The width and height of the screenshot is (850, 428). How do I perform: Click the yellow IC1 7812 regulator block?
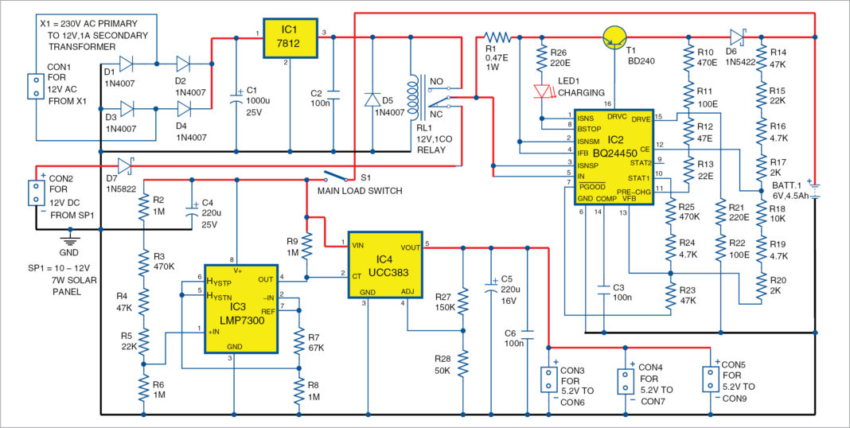[290, 38]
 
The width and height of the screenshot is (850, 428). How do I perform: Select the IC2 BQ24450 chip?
[618, 157]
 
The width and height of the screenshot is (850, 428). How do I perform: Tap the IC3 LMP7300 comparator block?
[241, 308]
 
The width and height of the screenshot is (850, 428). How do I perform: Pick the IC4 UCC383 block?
[384, 264]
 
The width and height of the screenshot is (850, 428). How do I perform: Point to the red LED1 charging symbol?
[544, 91]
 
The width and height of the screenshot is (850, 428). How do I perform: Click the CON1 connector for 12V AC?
[34, 87]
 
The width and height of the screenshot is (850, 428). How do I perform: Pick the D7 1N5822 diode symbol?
[123, 166]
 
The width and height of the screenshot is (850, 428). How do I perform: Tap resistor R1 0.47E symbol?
[498, 37]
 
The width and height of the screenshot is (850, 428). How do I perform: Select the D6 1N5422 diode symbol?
[737, 36]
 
